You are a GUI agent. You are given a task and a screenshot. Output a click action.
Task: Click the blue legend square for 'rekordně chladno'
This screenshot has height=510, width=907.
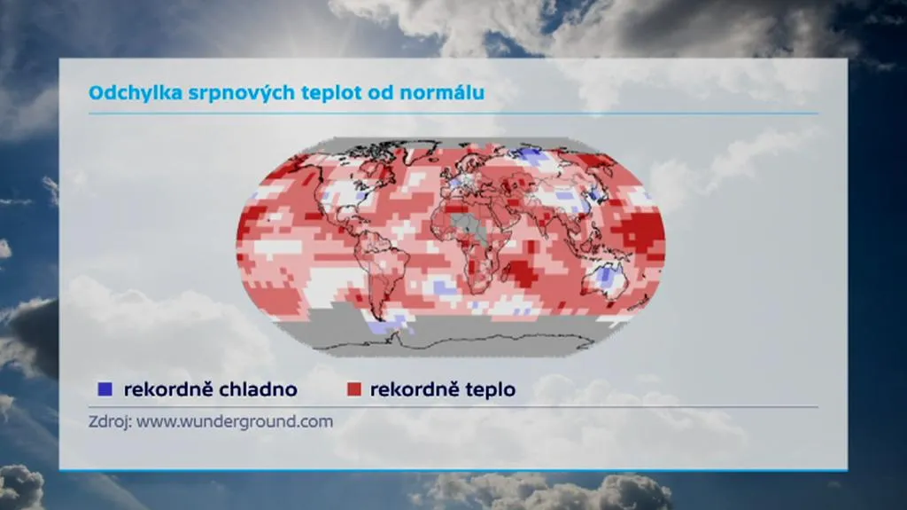(x=105, y=389)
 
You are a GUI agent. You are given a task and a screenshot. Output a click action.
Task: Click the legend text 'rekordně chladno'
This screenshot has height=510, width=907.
(x=210, y=389)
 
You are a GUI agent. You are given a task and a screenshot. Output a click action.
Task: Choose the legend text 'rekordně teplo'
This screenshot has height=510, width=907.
(x=443, y=389)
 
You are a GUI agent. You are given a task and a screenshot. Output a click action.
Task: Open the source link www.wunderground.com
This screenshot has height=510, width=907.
(x=234, y=421)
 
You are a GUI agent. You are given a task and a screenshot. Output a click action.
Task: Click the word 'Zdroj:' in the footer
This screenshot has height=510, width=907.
(x=108, y=421)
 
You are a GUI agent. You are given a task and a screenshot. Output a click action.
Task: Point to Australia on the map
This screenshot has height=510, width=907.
(x=605, y=277)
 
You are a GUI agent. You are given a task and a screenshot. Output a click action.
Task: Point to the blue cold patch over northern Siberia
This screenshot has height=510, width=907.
(x=531, y=155)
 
